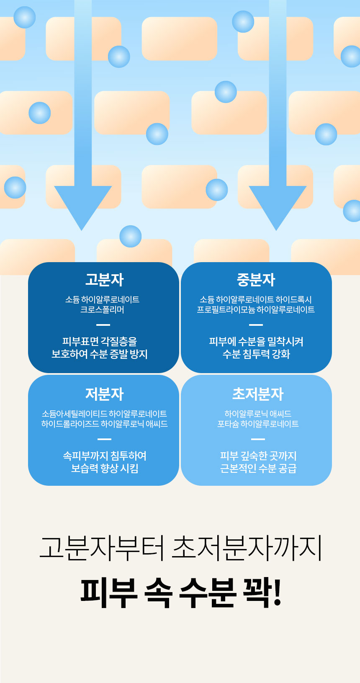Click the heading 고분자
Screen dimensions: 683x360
tap(104, 280)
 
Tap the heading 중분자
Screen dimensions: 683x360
tap(256, 280)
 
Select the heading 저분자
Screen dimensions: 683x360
tap(104, 394)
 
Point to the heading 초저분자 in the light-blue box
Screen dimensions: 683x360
tap(258, 394)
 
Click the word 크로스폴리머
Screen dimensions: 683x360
tap(102, 310)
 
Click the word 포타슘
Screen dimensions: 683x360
tap(228, 424)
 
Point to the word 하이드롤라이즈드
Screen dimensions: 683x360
tap(70, 424)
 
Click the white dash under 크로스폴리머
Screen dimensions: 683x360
tap(103, 325)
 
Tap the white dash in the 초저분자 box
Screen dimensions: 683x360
tap(258, 439)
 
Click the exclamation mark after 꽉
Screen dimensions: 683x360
tap(277, 593)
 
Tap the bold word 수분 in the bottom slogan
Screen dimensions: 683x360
tap(207, 593)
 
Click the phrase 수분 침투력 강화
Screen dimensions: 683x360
tap(256, 354)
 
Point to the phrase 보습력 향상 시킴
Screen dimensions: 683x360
tap(105, 468)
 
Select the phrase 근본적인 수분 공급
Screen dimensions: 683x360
tap(258, 468)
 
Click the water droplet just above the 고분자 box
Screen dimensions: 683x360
tap(130, 236)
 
